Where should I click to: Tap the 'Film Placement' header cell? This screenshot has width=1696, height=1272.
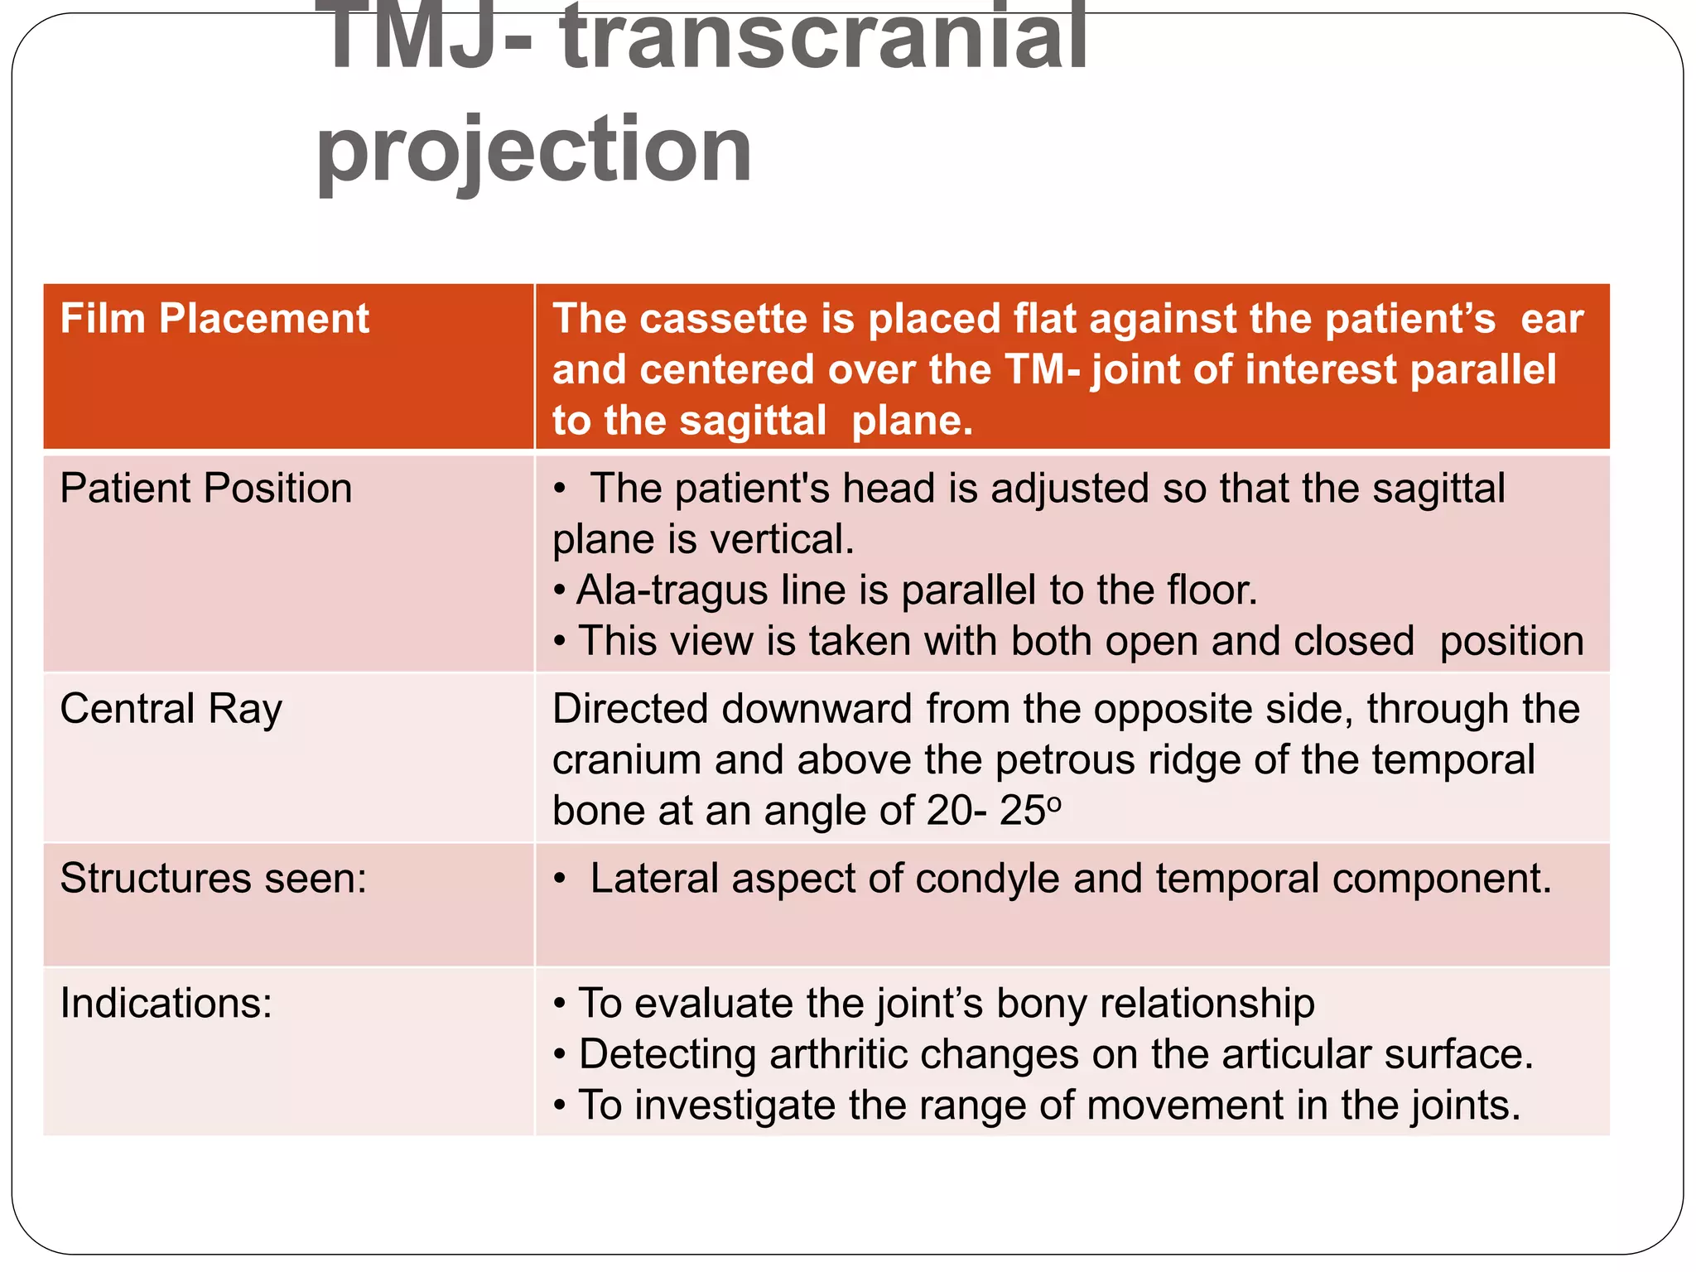[x=214, y=319]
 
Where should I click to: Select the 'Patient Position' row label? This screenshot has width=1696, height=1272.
[x=205, y=488]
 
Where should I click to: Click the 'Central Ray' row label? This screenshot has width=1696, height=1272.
[x=171, y=709]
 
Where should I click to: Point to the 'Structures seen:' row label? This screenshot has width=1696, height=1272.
[x=213, y=878]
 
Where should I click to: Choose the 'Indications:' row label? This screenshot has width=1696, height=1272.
[x=166, y=1003]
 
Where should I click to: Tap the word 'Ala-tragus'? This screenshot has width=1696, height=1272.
[x=672, y=590]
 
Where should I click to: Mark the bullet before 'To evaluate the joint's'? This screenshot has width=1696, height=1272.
[x=561, y=1004]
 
